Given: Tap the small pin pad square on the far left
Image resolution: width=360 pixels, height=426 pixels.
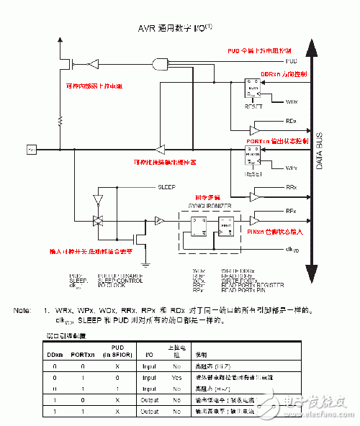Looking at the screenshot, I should coord(30,150).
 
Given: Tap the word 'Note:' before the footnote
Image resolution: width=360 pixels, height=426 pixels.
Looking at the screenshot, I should coord(22,310).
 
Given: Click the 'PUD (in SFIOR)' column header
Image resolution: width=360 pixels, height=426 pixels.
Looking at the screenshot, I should coord(117,350).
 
